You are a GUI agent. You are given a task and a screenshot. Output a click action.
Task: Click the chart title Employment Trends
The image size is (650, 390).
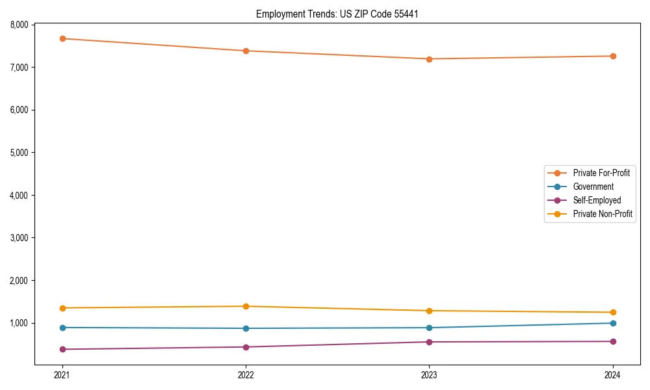[337, 14]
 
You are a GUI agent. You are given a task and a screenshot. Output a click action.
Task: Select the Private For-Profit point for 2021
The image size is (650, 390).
[62, 39]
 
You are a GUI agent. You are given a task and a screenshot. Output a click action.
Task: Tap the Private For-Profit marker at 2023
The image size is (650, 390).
[429, 59]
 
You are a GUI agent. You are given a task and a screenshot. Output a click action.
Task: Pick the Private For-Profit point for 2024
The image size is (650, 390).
[613, 56]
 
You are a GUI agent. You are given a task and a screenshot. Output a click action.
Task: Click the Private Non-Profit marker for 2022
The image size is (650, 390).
[246, 306]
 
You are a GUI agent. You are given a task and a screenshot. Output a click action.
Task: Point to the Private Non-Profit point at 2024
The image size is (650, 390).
[613, 313]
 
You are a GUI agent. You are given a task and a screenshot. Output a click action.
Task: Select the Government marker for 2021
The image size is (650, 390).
[62, 328]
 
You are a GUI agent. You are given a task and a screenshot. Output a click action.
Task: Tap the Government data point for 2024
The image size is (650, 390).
[613, 323]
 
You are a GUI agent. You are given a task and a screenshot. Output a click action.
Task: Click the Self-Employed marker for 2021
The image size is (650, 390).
[62, 349]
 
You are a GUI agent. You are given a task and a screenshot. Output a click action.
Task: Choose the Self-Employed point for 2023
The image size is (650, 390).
[429, 342]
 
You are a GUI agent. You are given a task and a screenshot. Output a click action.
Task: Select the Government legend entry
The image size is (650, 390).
[593, 187]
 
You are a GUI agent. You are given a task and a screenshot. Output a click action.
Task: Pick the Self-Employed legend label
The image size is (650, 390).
[597, 200]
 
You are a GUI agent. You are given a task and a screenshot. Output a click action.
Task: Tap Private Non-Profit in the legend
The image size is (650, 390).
[603, 214]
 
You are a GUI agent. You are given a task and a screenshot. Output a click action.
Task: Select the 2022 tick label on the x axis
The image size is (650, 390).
[246, 375]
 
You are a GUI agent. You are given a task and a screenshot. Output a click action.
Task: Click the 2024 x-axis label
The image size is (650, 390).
[613, 375]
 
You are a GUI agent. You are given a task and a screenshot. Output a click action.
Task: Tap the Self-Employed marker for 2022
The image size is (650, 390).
[246, 347]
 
